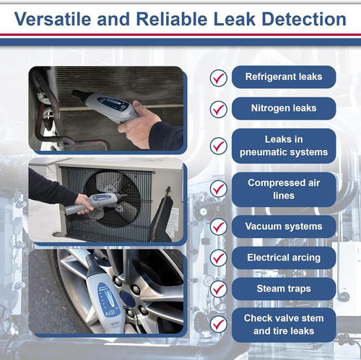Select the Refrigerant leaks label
click(284, 77)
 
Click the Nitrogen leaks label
click(284, 110)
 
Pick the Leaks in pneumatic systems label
click(284, 146)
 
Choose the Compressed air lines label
click(284, 189)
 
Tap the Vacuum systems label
click(284, 227)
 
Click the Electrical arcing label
click(284, 258)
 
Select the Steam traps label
click(284, 289)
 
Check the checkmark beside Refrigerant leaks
click(218, 78)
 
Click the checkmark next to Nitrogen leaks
click(218, 110)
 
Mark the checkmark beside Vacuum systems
click(218, 227)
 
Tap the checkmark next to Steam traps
click(218, 289)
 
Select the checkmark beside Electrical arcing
click(218, 258)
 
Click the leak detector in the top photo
click(108, 105)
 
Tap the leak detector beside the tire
click(108, 296)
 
